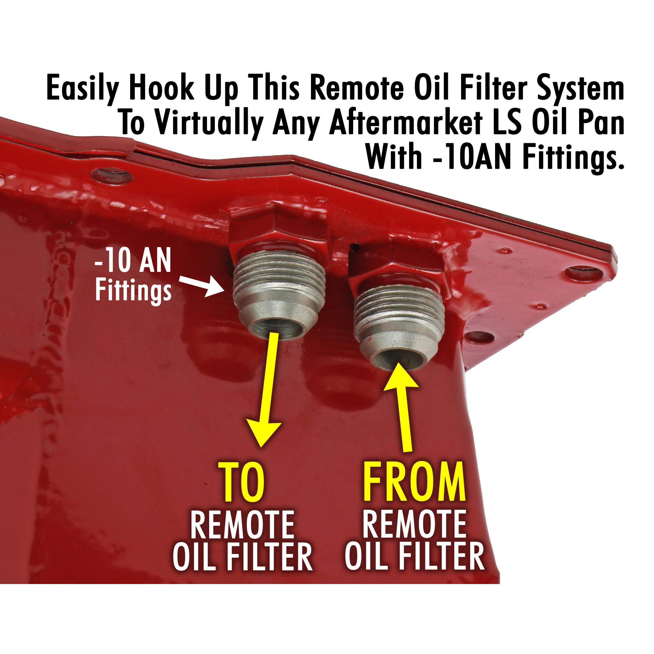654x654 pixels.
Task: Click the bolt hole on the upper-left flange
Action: point(112,176)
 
